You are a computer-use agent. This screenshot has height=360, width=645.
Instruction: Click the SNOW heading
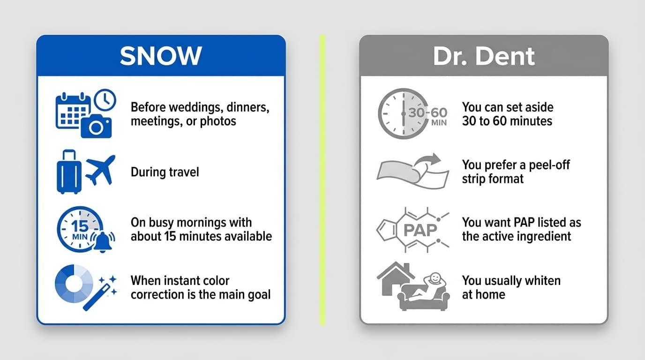coord(161,56)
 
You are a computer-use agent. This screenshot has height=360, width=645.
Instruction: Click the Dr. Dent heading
coord(484,56)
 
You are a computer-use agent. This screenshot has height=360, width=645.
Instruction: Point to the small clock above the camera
coord(105,100)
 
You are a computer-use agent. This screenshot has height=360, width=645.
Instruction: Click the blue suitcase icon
coord(69,172)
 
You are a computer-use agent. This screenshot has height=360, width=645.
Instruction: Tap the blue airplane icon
coord(100,170)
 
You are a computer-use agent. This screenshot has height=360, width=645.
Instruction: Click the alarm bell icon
coord(103,242)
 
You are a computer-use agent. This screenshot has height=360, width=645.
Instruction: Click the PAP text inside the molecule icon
coord(420,230)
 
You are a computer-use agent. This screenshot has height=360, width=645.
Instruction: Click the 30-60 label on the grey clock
coord(427,112)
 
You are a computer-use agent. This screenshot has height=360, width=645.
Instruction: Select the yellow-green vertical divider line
coord(322,180)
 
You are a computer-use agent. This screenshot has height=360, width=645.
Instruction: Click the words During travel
coord(165,172)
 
